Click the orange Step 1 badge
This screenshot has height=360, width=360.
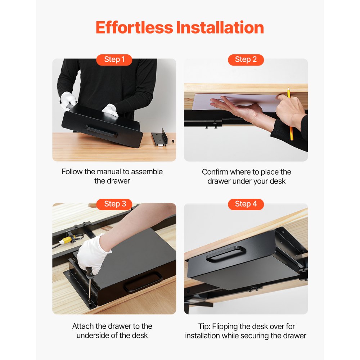point(114,60)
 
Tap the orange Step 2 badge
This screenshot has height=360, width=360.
point(246,60)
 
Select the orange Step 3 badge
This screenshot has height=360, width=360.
point(114,204)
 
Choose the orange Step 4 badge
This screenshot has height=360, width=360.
point(246,204)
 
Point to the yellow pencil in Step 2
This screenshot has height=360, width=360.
point(290,115)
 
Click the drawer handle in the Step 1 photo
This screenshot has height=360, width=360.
point(102,131)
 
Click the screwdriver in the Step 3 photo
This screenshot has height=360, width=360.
point(89,284)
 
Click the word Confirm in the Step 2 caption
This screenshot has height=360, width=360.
point(215,172)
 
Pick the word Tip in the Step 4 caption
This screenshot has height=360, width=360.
point(204,327)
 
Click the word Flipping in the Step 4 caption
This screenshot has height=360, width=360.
point(226,327)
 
